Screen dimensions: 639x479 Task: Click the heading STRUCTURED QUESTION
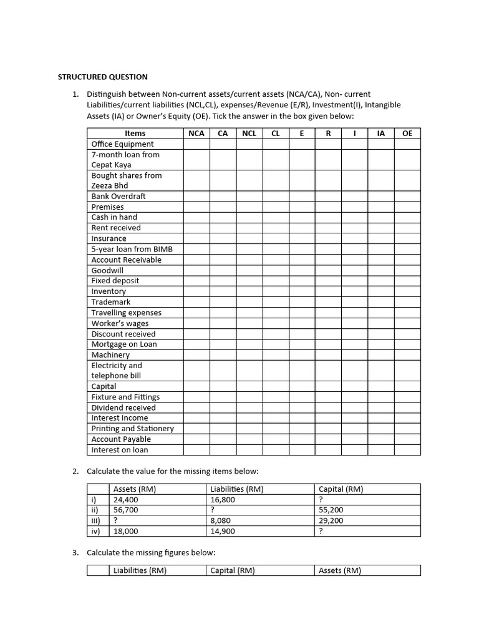click(103, 77)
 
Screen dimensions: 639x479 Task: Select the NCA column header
click(196, 133)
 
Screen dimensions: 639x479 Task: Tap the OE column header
click(407, 133)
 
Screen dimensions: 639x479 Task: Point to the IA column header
click(380, 133)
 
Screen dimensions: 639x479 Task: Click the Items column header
click(135, 133)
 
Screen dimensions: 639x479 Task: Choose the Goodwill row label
click(107, 270)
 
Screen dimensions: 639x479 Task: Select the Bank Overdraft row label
click(119, 196)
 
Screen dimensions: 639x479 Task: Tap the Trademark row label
click(111, 302)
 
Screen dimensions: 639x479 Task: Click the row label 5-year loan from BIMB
click(132, 249)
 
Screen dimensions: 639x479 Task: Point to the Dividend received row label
click(123, 407)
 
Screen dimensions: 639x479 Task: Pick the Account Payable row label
click(121, 439)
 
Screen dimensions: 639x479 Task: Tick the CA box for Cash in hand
click(222, 217)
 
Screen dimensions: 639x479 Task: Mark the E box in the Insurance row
click(301, 238)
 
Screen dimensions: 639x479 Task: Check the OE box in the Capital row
click(407, 386)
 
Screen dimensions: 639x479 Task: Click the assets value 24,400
click(126, 500)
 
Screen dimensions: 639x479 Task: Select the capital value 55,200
click(331, 510)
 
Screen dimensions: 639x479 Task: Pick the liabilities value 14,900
click(223, 531)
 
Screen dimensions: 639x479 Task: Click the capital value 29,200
click(331, 520)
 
